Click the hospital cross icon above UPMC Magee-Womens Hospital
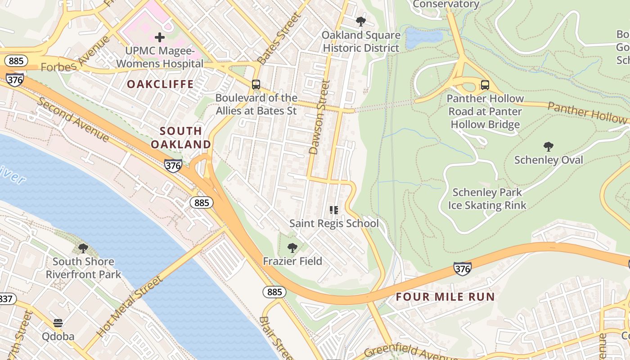160,37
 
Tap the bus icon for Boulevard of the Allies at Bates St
256,84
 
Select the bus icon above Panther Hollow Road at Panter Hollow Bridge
485,85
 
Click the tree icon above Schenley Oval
548,146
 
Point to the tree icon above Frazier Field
292,247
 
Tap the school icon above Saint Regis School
333,210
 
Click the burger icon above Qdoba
58,323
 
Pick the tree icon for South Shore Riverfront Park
83,248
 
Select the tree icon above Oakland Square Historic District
360,21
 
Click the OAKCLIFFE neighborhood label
160,84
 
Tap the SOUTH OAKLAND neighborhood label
181,138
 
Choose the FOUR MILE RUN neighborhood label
445,297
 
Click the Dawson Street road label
320,117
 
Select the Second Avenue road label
72,119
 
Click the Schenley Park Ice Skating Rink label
487,199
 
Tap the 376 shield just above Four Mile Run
462,269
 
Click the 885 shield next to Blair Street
274,292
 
